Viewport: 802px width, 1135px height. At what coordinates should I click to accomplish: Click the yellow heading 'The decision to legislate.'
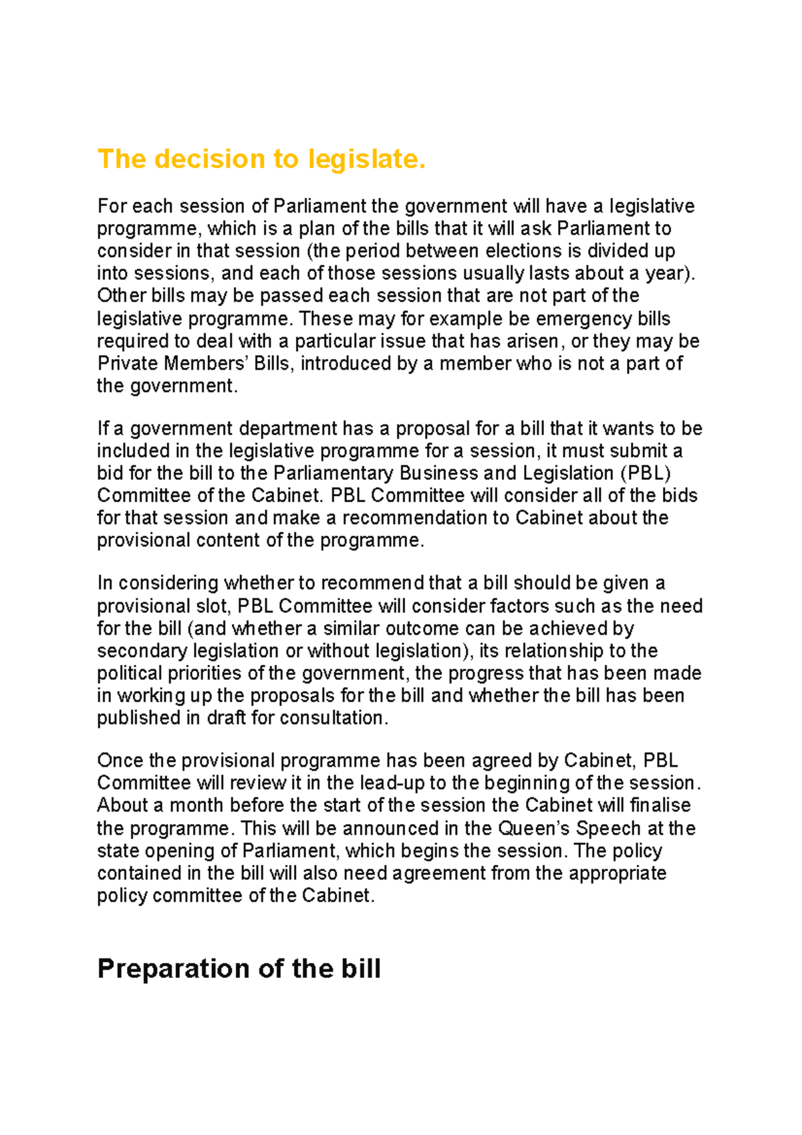(x=261, y=159)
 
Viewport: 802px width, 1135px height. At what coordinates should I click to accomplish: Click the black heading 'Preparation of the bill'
(x=239, y=969)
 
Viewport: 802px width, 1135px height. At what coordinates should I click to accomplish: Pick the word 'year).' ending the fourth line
(x=670, y=273)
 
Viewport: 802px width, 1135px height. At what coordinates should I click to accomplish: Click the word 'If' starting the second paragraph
(x=103, y=428)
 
